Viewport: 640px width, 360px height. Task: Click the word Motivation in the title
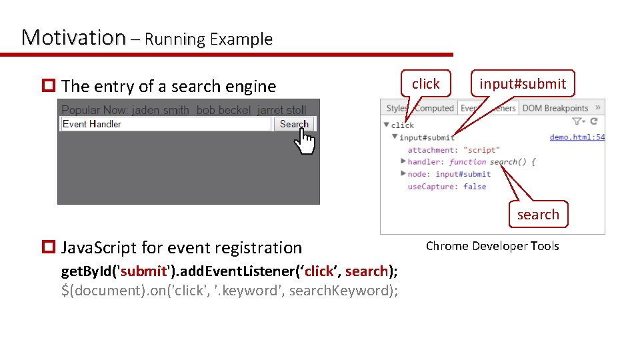coord(73,37)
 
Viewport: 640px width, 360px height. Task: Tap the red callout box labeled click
coord(425,84)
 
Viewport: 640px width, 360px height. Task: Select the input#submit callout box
coord(523,84)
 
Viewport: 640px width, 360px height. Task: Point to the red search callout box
coord(537,215)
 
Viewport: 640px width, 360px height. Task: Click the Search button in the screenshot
coord(294,124)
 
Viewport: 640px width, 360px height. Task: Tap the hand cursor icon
coord(305,140)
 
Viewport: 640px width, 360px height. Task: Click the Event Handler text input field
coord(165,124)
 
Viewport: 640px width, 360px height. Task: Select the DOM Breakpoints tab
coord(555,108)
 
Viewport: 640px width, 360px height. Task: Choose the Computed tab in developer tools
coord(434,108)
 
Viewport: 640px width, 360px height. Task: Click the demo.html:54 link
coord(577,137)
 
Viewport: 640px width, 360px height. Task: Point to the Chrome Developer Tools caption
coord(492,246)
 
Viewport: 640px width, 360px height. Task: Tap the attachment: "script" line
coord(453,150)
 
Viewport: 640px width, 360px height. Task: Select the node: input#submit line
coord(449,174)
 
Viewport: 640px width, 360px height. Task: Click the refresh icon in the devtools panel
coord(594,121)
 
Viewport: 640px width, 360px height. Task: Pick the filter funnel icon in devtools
coord(577,121)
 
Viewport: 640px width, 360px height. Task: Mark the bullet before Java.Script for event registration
coord(48,248)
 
